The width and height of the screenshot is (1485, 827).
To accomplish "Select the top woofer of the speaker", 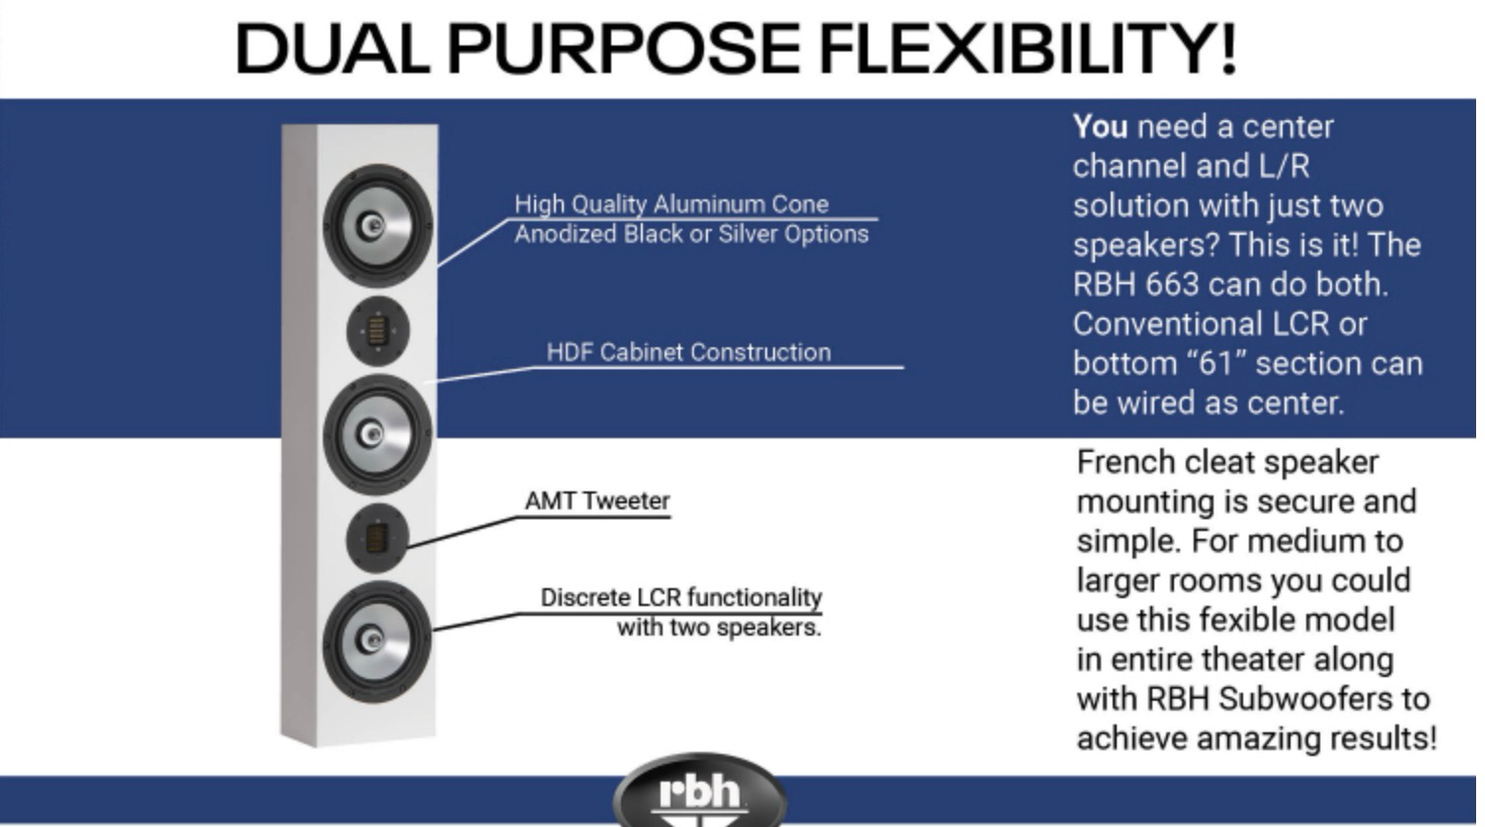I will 377,225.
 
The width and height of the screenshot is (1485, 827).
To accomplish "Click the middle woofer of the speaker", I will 377,434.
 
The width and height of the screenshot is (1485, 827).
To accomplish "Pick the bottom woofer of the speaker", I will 377,640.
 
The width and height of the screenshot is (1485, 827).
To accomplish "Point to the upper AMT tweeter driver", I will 377,332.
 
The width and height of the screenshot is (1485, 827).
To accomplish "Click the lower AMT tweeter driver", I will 377,539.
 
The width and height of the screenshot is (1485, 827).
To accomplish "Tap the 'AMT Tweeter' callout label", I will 596,501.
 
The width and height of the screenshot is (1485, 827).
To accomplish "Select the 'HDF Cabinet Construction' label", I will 688,352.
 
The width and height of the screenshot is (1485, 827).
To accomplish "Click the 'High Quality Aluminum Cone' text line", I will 671,204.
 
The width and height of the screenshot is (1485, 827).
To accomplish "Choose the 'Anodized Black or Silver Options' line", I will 691,234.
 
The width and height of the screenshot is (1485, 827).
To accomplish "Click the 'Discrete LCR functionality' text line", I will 680,597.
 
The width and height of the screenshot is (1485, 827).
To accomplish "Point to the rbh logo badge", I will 699,792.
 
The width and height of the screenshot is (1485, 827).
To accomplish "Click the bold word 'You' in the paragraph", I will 1100,126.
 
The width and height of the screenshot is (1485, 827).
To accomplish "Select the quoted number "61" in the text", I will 1215,363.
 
